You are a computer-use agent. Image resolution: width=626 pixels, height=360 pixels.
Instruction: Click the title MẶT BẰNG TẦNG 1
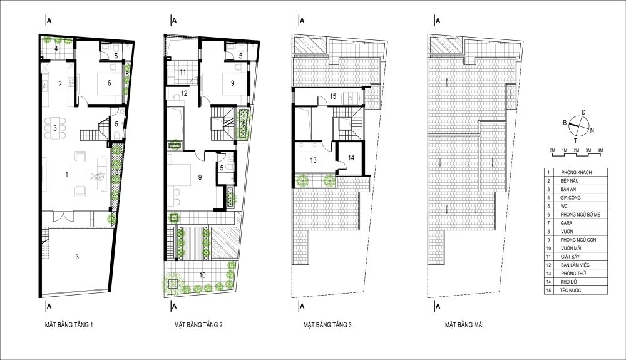(x=69, y=325)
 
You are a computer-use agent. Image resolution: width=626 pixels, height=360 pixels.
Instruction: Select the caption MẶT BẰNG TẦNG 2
(x=198, y=325)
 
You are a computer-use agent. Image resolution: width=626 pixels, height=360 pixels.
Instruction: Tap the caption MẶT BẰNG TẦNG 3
(x=327, y=325)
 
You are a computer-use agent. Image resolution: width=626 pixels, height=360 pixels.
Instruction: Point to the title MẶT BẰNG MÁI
(x=464, y=325)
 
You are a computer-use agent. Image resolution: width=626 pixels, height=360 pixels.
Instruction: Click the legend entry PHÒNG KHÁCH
(x=576, y=172)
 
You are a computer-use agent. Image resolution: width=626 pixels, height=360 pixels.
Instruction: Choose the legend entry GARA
(x=567, y=223)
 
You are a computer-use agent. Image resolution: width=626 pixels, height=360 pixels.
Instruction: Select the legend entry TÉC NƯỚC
(x=570, y=290)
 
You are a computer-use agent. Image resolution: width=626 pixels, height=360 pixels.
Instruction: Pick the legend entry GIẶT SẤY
(x=570, y=257)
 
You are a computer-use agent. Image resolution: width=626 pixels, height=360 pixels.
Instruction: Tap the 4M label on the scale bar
(x=600, y=150)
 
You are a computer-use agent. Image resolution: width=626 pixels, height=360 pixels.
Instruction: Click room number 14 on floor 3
(x=351, y=158)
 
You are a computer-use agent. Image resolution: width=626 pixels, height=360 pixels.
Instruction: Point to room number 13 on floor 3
(x=314, y=160)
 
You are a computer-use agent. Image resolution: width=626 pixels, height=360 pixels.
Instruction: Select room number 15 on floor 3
(x=333, y=96)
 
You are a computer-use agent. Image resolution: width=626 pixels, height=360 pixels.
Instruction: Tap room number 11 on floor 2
(x=183, y=72)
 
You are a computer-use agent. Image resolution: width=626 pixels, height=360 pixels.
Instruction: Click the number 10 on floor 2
(x=202, y=275)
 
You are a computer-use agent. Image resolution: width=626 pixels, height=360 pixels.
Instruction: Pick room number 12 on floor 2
(x=184, y=93)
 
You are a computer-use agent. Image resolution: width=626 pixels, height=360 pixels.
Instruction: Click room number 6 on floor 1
(x=109, y=83)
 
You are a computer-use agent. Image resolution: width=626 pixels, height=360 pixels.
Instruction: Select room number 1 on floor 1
(x=67, y=175)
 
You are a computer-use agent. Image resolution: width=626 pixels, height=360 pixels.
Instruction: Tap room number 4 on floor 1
(x=56, y=49)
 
